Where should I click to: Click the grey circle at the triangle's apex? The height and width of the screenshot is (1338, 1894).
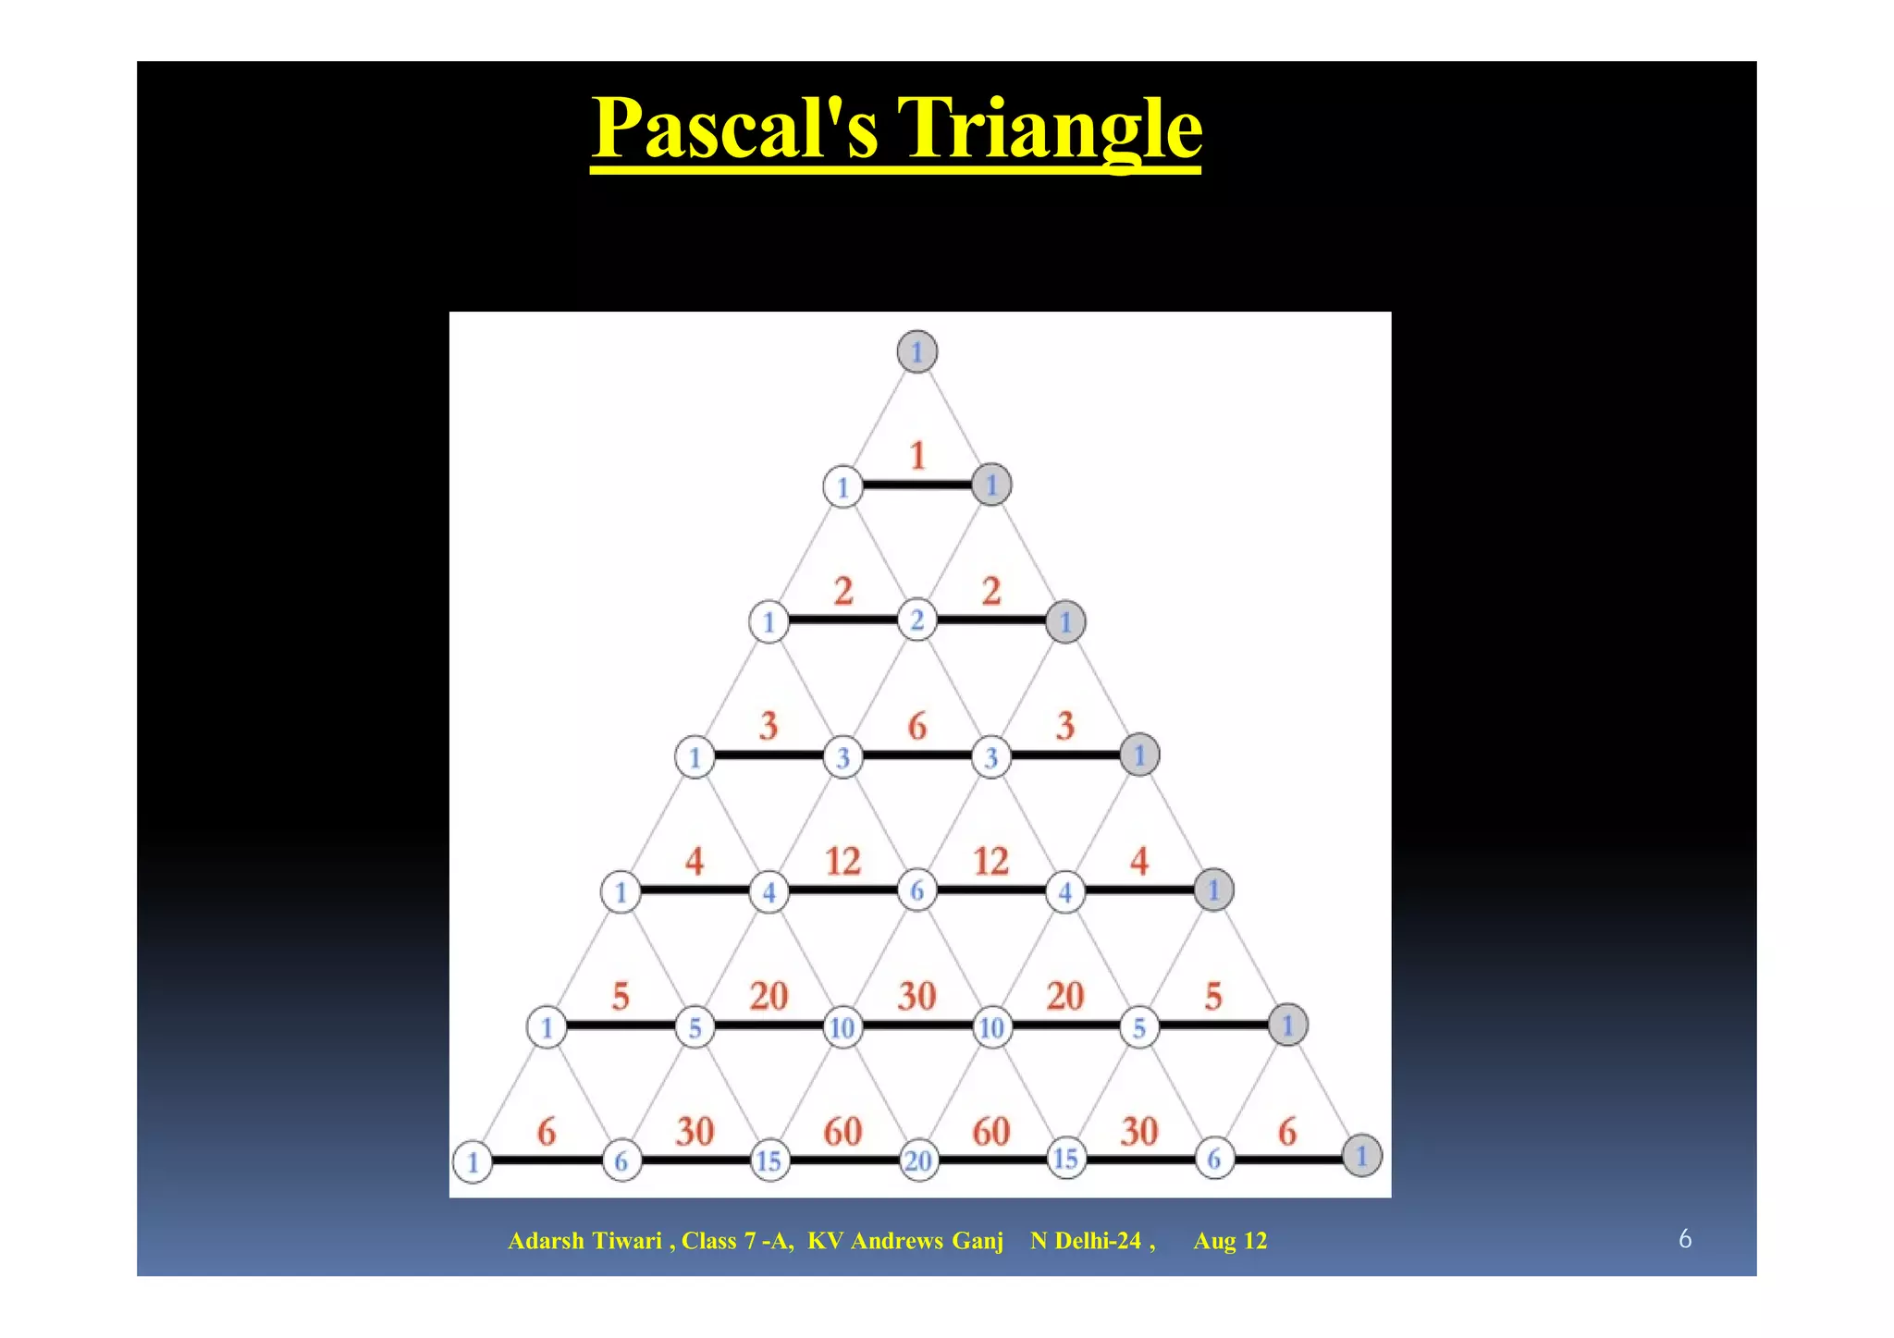coord(916,352)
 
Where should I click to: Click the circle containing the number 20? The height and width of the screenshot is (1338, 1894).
coord(917,1160)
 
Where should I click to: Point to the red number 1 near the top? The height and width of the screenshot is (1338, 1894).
coord(916,456)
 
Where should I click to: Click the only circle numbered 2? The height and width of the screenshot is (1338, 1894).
coord(916,620)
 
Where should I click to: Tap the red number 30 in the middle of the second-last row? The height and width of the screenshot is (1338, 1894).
coord(916,997)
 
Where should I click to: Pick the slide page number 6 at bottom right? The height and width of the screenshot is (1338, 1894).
coord(1685,1239)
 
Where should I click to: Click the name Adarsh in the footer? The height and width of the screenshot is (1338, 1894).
coord(546,1241)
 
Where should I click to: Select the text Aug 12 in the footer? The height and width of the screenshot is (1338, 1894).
coord(1230,1241)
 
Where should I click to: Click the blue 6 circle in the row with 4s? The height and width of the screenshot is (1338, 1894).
coord(916,890)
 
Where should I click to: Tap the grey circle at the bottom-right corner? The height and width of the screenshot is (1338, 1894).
coord(1361,1156)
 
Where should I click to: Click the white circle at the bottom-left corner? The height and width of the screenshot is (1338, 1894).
coord(473,1161)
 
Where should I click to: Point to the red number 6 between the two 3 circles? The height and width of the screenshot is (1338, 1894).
coord(916,727)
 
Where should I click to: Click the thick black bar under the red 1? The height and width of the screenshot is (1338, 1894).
coord(916,485)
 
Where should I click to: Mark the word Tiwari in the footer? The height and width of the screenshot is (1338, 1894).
coord(626,1241)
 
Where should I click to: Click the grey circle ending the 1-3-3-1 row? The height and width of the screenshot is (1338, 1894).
coord(1139,755)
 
